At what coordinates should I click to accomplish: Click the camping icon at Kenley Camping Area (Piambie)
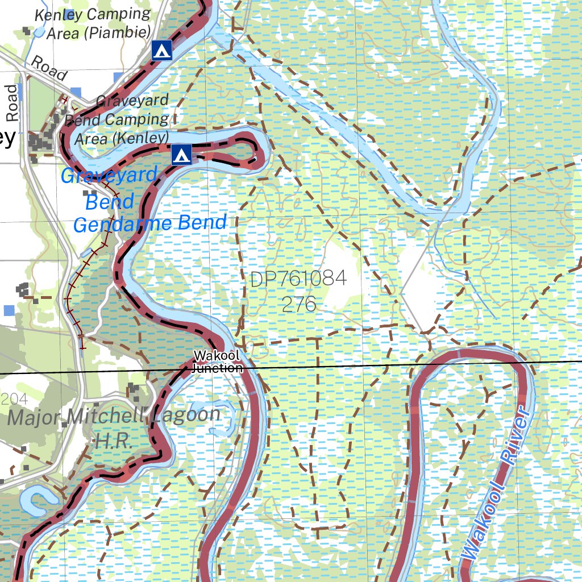[x=163, y=51]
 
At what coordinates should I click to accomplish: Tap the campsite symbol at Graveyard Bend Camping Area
[x=181, y=153]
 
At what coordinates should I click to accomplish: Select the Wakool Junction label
[x=217, y=361]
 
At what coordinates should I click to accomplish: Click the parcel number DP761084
[x=298, y=279]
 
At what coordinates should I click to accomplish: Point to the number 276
[x=299, y=304]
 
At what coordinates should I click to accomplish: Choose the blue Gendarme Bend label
[x=150, y=223]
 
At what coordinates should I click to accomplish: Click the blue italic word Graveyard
[x=109, y=176]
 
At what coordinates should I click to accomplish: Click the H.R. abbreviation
[x=114, y=441]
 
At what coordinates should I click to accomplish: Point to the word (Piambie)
[x=98, y=32]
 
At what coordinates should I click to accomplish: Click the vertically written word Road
[x=12, y=103]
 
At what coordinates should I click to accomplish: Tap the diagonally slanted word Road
[x=49, y=68]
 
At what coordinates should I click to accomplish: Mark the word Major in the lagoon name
[x=35, y=418]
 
